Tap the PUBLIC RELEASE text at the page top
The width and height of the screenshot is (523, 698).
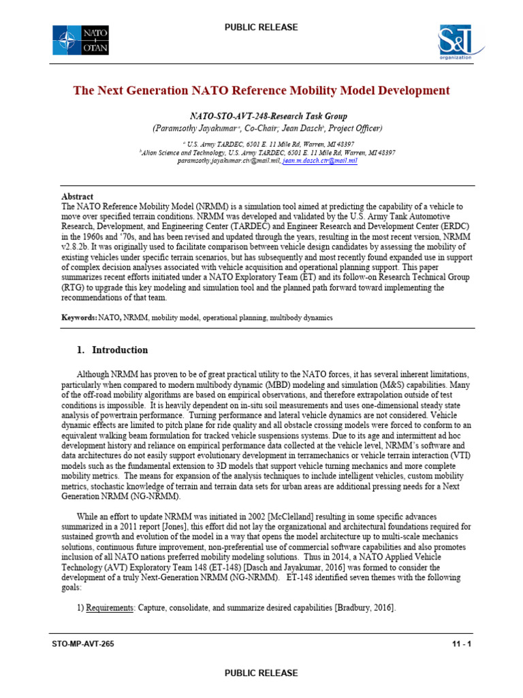coord(261,27)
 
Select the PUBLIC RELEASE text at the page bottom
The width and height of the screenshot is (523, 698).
coord(261,673)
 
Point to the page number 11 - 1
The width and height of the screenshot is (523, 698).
coord(460,643)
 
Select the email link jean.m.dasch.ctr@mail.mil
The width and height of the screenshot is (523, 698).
coord(319,162)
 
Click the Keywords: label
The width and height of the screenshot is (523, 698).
coord(79,318)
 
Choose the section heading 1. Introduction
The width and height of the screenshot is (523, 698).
coord(112,350)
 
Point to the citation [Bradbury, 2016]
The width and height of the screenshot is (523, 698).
coord(364,607)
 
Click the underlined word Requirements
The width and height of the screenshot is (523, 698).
coord(109,607)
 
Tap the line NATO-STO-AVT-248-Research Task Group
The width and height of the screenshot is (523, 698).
coord(261,117)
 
